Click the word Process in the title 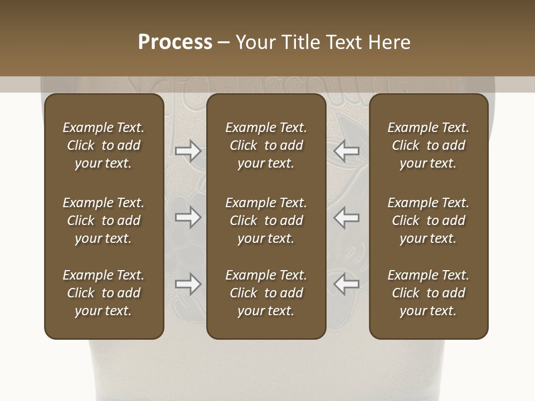coord(175,42)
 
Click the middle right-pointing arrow coord(188,218)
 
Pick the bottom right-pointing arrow coord(188,285)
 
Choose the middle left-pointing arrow coord(346,218)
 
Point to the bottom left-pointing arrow coord(346,285)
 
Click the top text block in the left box coord(104,145)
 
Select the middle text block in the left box coord(104,221)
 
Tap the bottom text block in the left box coord(104,293)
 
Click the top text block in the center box coord(266,145)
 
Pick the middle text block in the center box coord(266,221)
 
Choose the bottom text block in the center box coord(266,293)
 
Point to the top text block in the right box coord(429,145)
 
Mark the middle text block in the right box coord(429,221)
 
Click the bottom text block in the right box coord(429,293)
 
